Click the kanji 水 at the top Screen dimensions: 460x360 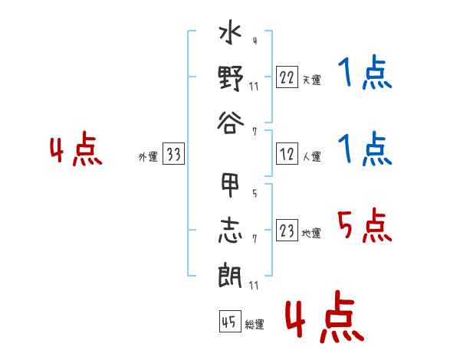point(230,31)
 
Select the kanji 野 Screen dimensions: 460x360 point(231,78)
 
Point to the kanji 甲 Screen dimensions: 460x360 point(230,185)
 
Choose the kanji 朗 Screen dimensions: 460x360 point(230,275)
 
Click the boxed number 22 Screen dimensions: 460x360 point(287,77)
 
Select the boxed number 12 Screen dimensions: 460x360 point(287,154)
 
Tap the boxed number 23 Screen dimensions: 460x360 point(287,230)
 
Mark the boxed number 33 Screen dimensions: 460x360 point(173,153)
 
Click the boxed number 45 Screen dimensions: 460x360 point(230,321)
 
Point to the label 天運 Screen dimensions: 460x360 point(312,80)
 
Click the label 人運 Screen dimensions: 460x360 point(312,156)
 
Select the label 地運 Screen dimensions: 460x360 point(311,233)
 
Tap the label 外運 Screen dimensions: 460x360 point(148,156)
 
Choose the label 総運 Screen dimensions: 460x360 point(255,324)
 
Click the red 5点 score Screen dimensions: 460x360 point(365,225)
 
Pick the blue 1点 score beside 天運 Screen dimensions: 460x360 point(365,72)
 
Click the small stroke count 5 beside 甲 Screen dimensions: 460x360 point(255,193)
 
